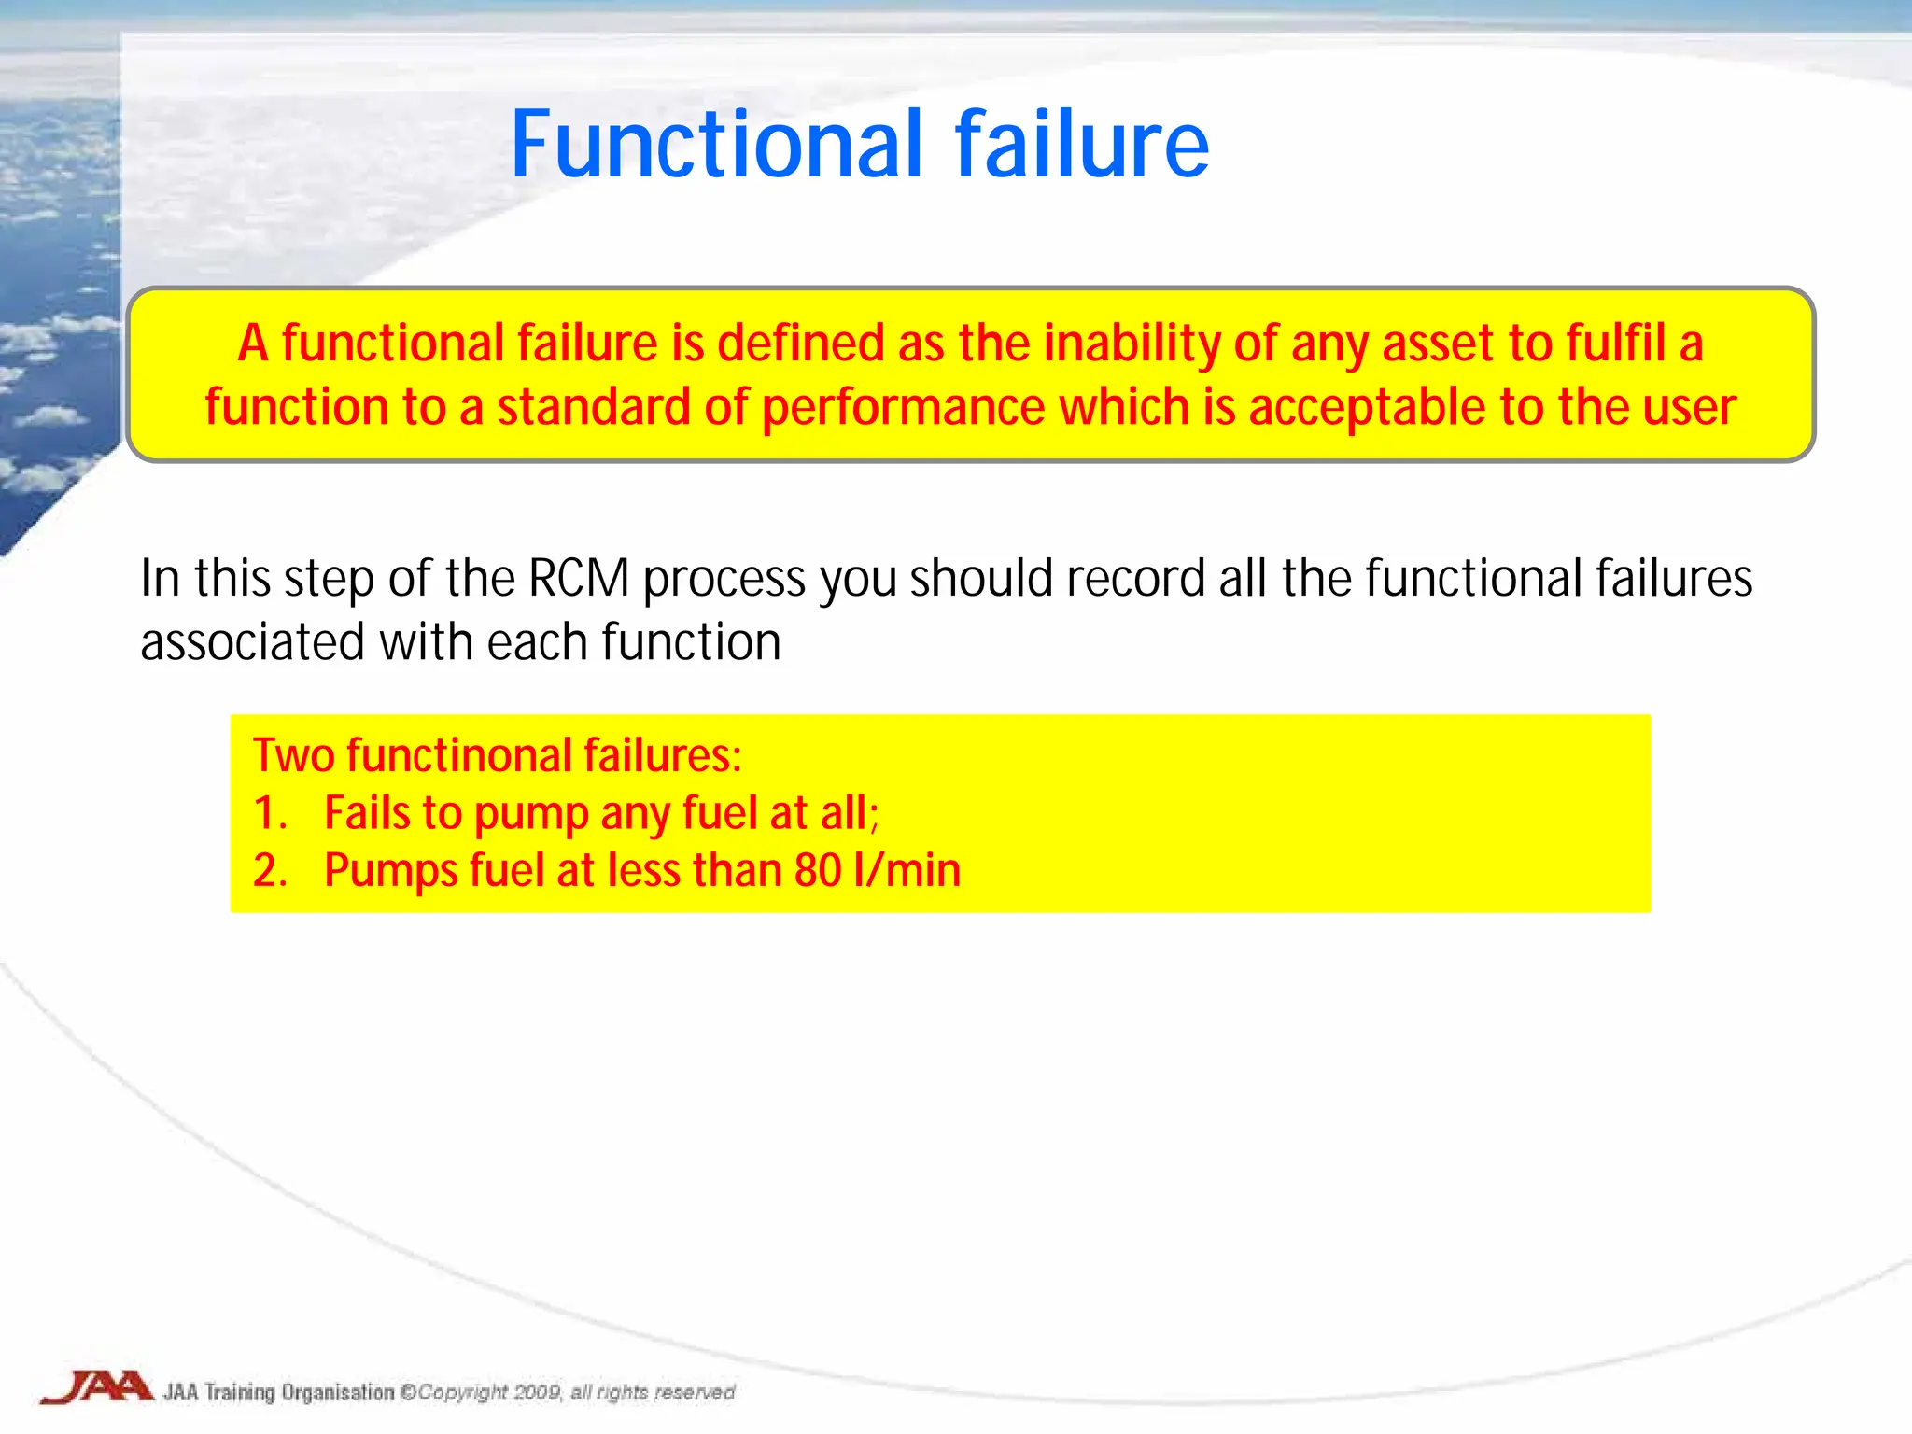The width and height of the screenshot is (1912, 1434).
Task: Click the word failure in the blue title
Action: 1081,145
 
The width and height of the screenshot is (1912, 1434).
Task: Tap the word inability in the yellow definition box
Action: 1130,344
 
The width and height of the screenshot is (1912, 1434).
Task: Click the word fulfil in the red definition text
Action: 1616,344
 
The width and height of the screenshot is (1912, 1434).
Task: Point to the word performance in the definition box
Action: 904,408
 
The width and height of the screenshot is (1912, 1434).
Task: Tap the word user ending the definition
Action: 1688,408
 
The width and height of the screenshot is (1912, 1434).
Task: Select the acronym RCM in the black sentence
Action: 579,578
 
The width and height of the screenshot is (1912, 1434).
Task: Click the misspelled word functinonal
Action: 458,755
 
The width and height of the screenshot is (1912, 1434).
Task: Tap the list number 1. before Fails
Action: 271,813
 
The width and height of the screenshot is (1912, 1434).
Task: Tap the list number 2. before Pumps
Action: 271,871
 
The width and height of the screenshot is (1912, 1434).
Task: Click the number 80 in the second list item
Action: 818,871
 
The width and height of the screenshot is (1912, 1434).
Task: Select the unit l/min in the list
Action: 907,871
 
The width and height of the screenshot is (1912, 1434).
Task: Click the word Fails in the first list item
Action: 367,813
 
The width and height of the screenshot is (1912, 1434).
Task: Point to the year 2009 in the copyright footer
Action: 538,1392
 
